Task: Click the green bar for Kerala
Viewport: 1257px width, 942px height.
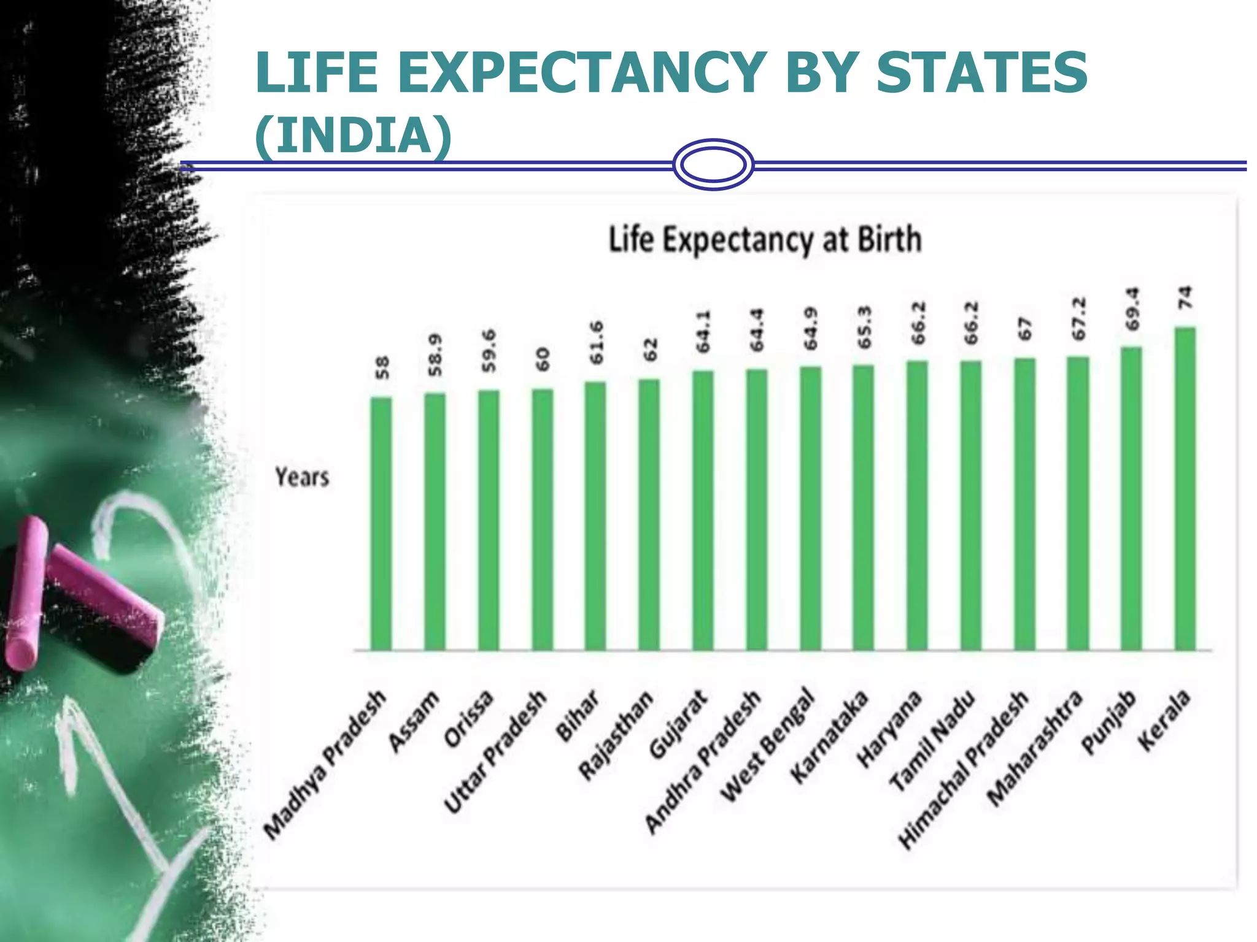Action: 1185,491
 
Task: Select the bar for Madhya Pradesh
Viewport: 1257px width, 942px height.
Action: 381,524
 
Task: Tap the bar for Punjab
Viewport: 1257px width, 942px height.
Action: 1131,500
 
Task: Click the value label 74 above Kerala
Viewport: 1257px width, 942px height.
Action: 1185,298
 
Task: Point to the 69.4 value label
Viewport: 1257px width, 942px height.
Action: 1132,308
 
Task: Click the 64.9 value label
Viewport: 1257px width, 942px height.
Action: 811,329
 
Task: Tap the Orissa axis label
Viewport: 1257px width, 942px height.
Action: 470,719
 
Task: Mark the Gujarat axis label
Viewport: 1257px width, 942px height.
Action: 679,724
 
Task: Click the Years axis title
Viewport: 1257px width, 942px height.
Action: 301,477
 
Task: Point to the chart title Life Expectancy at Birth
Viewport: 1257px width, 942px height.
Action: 765,239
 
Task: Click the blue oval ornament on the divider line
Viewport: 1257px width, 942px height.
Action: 713,164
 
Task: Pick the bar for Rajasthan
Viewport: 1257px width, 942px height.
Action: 649,515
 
